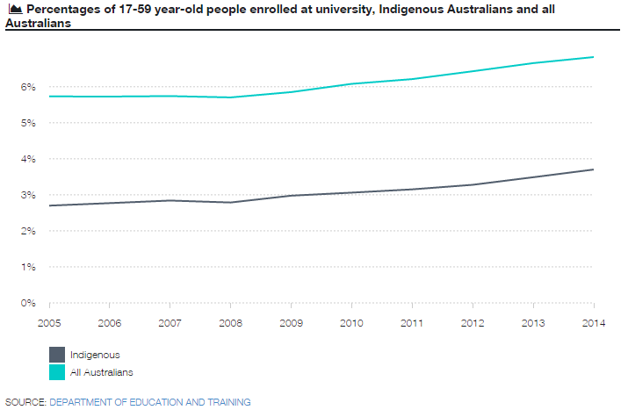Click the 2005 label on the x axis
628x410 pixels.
pyautogui.click(x=49, y=323)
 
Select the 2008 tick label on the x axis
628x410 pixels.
pyautogui.click(x=230, y=323)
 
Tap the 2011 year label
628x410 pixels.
pyautogui.click(x=412, y=323)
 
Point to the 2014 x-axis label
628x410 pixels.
pyautogui.click(x=593, y=323)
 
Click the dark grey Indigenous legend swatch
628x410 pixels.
pyautogui.click(x=57, y=355)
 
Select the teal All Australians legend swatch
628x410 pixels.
pyautogui.click(x=57, y=372)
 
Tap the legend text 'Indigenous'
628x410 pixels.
pyautogui.click(x=95, y=356)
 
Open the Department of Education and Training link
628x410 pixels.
pyautogui.click(x=150, y=402)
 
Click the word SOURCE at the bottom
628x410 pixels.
pyautogui.click(x=25, y=402)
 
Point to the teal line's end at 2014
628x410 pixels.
pyautogui.click(x=593, y=57)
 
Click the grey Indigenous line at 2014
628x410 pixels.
pyautogui.click(x=593, y=169)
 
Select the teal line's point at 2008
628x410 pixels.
pyautogui.click(x=230, y=97)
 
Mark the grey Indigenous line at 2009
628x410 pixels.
pyautogui.click(x=291, y=195)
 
